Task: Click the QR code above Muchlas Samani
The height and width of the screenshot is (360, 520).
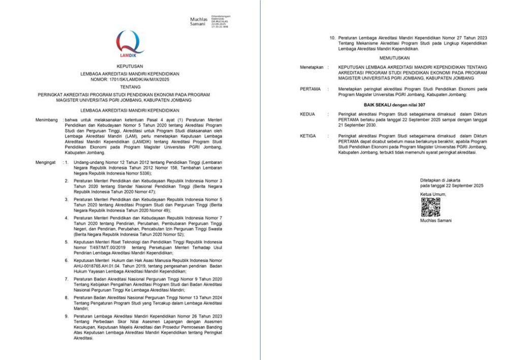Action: pyautogui.click(x=430, y=207)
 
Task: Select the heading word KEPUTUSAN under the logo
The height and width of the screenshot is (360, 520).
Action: pyautogui.click(x=129, y=66)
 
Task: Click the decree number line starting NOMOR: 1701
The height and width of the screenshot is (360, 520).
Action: pyautogui.click(x=129, y=80)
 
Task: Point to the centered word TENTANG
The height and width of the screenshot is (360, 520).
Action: pyautogui.click(x=129, y=87)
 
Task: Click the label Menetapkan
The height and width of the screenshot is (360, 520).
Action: pyautogui.click(x=311, y=67)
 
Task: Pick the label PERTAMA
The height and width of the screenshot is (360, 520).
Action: pyautogui.click(x=310, y=89)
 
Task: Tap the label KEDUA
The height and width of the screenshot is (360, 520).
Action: pyautogui.click(x=308, y=114)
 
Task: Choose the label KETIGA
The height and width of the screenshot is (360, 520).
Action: pyautogui.click(x=308, y=137)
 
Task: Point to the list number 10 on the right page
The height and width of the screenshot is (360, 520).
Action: pyautogui.click(x=333, y=38)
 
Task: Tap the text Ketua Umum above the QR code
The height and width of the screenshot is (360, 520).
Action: pyautogui.click(x=433, y=194)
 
